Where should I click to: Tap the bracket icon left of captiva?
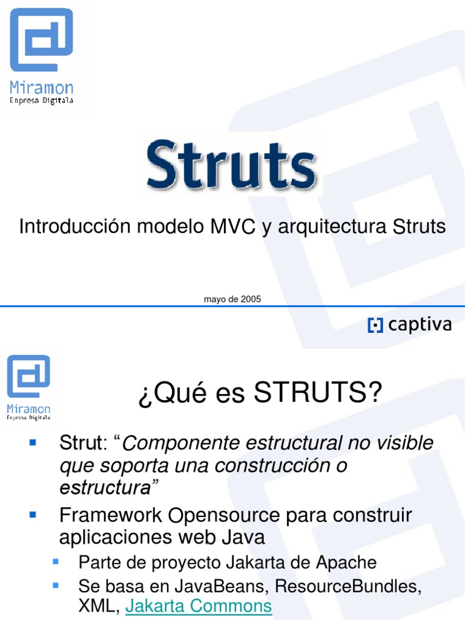375,326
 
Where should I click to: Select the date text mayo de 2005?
232,299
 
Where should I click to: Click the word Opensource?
225,516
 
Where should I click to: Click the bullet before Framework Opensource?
34,515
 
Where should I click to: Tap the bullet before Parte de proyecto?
56,561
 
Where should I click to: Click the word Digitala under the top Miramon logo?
57,101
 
